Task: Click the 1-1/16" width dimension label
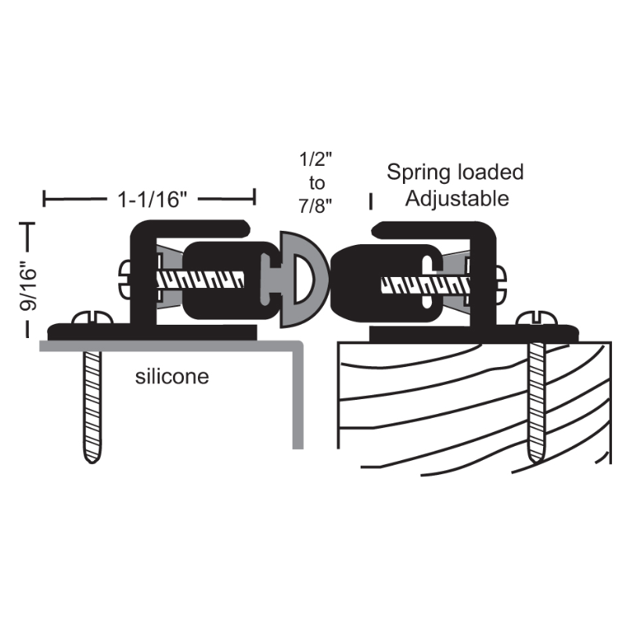coord(152,200)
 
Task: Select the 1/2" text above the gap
coord(316,160)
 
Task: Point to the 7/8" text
coord(315,206)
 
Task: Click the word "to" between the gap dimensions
coord(317,183)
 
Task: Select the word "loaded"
coord(491,172)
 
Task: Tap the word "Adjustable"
coord(457,199)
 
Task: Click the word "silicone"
coord(172,376)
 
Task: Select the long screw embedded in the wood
coord(536,402)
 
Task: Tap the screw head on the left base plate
coord(92,318)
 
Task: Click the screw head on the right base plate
coord(536,318)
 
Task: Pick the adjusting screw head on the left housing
coord(125,279)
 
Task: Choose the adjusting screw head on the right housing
coord(501,282)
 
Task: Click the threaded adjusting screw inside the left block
coord(200,279)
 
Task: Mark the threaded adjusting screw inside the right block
coord(425,285)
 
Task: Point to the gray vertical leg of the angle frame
coord(298,395)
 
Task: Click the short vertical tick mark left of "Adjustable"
coord(370,202)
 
